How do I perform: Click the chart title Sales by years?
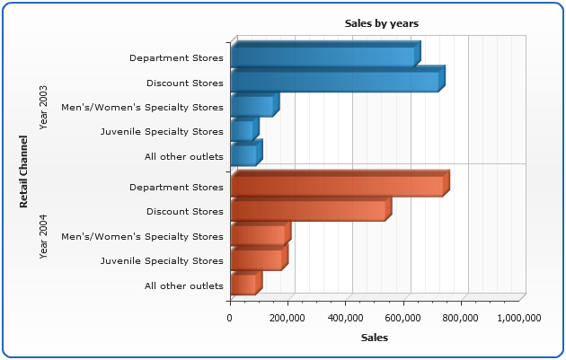click(x=382, y=23)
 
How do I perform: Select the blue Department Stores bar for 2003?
click(x=323, y=57)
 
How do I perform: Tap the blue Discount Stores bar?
click(x=335, y=82)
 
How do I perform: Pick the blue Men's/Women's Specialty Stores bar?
click(x=252, y=106)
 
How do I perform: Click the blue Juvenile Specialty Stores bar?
click(x=243, y=130)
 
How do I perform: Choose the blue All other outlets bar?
click(x=243, y=154)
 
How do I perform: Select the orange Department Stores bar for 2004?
click(x=337, y=185)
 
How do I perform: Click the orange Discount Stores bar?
click(x=308, y=210)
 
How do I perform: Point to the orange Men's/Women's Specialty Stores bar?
click(x=258, y=234)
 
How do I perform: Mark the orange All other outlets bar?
click(x=243, y=284)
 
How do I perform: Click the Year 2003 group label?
click(x=44, y=107)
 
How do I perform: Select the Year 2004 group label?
click(x=44, y=236)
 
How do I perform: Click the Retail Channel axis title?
click(x=24, y=171)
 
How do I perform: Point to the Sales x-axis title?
click(x=375, y=338)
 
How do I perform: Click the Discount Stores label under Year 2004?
click(x=185, y=212)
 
